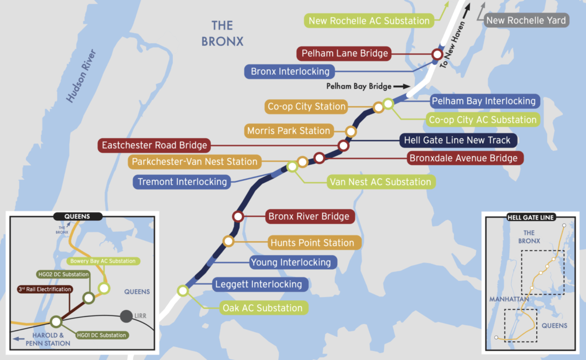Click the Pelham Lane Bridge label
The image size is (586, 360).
pyautogui.click(x=345, y=53)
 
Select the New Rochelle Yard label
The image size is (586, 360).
pyautogui.click(x=526, y=21)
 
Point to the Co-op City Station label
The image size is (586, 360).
pyautogui.click(x=307, y=106)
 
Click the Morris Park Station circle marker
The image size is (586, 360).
pyautogui.click(x=351, y=131)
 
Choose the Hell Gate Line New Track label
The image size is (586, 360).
pyautogui.click(x=457, y=141)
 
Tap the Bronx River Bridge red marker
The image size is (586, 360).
pyautogui.click(x=238, y=216)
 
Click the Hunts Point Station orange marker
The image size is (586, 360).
pyautogui.click(x=228, y=241)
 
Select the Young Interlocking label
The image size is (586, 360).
pyautogui.click(x=291, y=262)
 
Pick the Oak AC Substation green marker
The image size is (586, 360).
pyautogui.click(x=183, y=291)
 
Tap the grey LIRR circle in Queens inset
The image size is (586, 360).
pyautogui.click(x=126, y=317)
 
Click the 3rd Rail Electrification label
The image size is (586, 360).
pyautogui.click(x=45, y=289)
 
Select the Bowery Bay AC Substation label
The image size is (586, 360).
pyautogui.click(x=103, y=261)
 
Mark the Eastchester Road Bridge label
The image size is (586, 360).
pyautogui.click(x=154, y=145)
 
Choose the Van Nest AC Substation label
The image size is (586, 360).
pyautogui.click(x=380, y=182)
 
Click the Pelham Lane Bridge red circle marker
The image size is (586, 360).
pyautogui.click(x=436, y=54)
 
